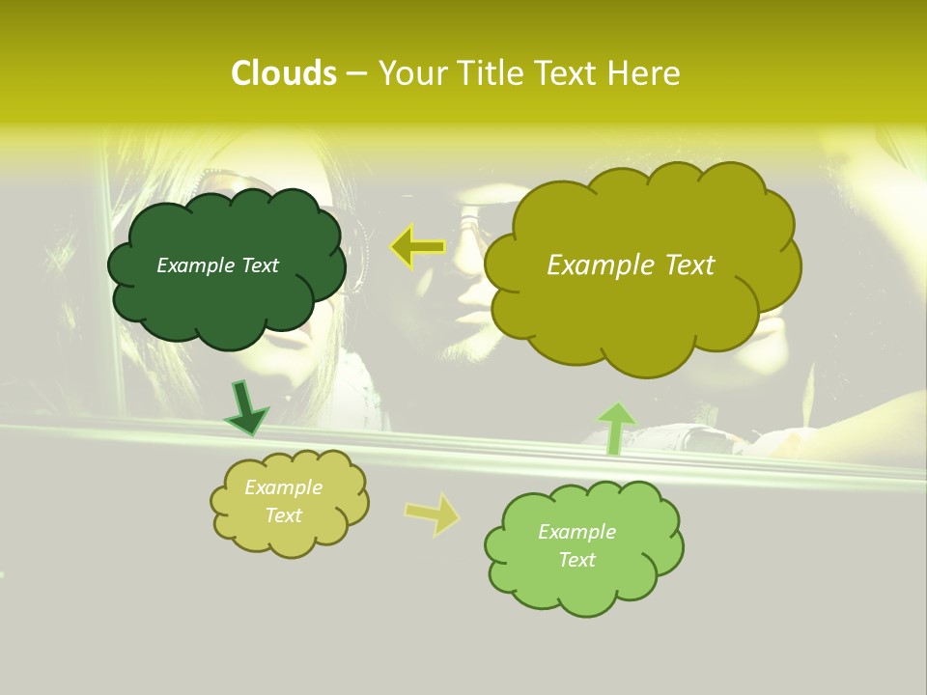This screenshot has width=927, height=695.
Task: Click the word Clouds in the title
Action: click(283, 73)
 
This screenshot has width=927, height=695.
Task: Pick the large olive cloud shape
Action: click(641, 309)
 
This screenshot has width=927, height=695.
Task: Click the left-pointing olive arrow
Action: click(417, 246)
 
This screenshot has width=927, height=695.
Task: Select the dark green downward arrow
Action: click(246, 407)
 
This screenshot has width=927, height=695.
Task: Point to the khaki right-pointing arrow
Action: click(433, 514)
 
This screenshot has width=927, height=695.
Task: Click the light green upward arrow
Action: click(616, 428)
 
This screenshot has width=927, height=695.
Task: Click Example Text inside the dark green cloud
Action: click(217, 265)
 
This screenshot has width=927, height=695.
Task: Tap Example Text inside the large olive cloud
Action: click(631, 265)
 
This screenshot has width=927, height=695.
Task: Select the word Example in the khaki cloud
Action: click(283, 487)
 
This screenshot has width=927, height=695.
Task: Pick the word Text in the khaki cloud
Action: click(283, 515)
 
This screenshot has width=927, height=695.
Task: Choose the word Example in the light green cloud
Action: click(576, 532)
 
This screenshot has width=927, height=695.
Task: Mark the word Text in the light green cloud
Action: click(576, 560)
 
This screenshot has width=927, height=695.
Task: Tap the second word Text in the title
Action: click(567, 73)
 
